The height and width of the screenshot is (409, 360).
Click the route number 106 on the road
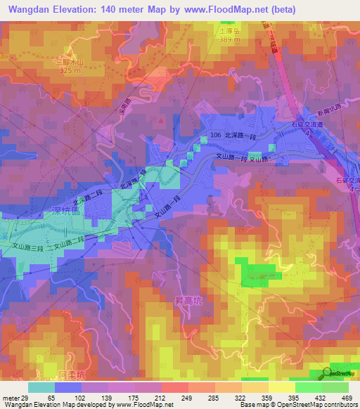217,134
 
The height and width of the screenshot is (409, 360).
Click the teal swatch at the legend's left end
41,387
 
